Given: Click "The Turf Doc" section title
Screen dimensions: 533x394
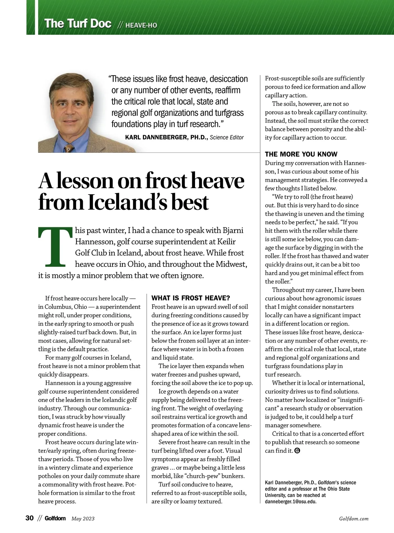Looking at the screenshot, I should [x=78, y=24].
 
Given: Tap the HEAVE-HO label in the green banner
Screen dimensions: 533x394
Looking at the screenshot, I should [x=141, y=25].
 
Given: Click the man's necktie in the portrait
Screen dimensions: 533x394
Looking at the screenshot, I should [x=69, y=148].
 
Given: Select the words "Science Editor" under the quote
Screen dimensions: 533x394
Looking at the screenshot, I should [x=227, y=137].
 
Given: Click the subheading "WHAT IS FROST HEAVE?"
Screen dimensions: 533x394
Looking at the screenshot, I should [x=191, y=298].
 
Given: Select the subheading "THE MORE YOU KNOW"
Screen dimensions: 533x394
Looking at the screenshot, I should [x=301, y=154].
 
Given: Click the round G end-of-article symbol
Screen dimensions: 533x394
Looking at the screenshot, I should [x=297, y=451].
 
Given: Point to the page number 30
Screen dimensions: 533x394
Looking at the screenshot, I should [x=30, y=518].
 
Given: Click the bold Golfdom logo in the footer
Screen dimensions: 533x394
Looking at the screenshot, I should [x=55, y=518].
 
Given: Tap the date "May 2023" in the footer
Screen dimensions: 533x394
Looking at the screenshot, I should [x=83, y=519].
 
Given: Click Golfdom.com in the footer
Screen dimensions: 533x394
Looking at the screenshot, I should [x=354, y=519].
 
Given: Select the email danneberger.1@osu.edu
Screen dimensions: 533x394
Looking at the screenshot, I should [x=291, y=502].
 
